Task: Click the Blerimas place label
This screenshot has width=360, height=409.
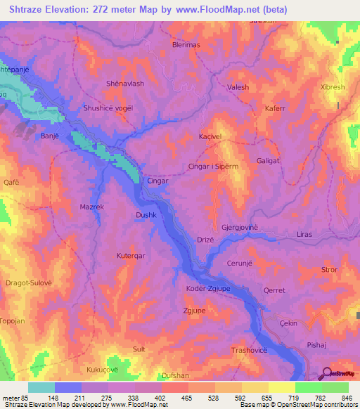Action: click(186, 44)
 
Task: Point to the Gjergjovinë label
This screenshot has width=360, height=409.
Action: click(240, 228)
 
